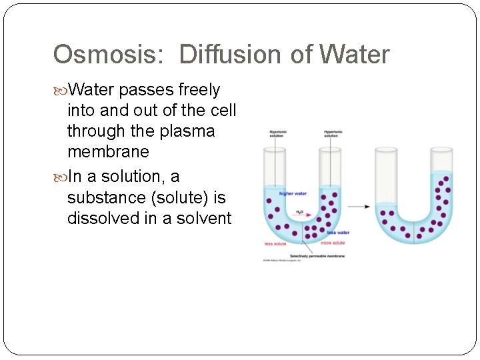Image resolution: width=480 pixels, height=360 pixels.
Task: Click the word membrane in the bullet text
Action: tap(108, 152)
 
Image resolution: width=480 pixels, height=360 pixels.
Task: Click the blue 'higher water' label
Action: tap(293, 194)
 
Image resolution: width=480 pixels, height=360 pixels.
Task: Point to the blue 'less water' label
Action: tap(338, 233)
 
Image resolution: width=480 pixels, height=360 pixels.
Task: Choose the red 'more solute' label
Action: tap(333, 243)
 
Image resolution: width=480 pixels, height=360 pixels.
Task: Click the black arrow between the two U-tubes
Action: tap(359, 207)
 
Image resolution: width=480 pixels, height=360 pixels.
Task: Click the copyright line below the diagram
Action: tap(283, 261)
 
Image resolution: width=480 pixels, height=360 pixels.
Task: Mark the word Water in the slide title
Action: tap(355, 55)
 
